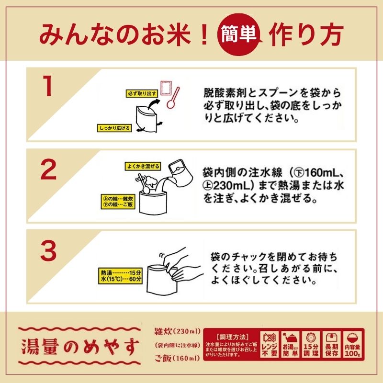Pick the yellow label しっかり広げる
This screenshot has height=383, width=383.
tap(114, 128)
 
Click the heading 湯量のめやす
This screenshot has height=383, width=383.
tap(80, 344)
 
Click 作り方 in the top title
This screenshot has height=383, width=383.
tap(306, 34)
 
